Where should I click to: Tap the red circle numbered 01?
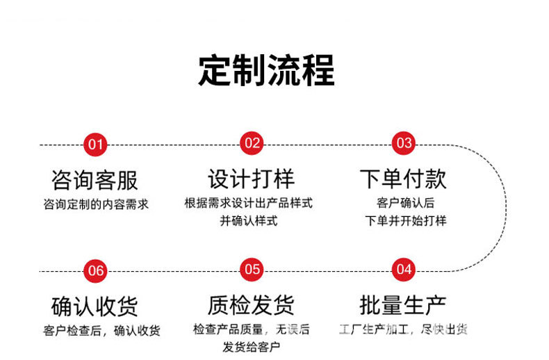click(x=95, y=145)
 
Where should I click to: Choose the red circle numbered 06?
click(x=95, y=270)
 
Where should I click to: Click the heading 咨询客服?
click(x=95, y=181)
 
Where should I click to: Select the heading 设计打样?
click(x=251, y=179)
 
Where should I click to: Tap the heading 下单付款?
click(x=403, y=179)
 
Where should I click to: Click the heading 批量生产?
click(x=403, y=304)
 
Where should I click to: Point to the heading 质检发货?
click(x=251, y=304)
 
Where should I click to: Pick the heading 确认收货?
click(x=95, y=306)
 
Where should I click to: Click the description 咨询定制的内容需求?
click(x=95, y=204)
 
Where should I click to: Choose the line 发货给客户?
click(x=251, y=347)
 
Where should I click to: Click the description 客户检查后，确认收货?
click(x=101, y=330)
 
